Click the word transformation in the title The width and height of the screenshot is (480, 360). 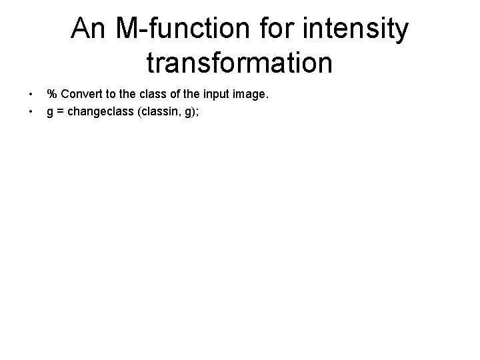coord(239,63)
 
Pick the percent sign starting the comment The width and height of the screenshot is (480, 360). coord(51,95)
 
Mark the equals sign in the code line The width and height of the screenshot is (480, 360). coord(59,112)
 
